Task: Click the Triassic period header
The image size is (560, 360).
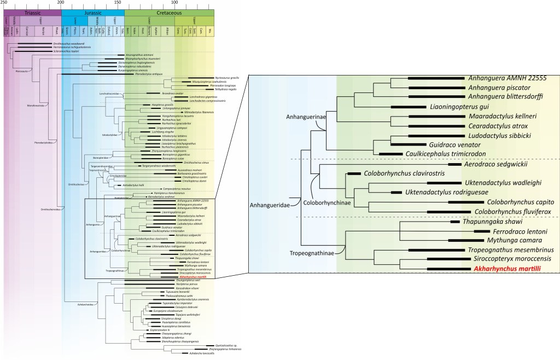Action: (32, 11)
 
